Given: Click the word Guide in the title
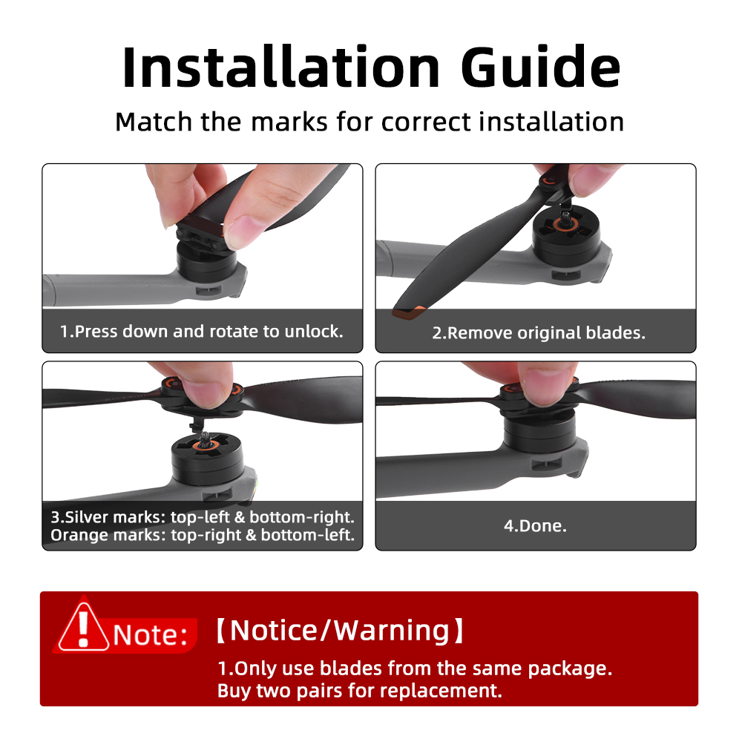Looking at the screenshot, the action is (x=540, y=67).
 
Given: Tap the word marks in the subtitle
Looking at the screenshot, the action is (x=289, y=122).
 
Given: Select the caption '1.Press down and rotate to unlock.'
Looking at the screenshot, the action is (x=202, y=331).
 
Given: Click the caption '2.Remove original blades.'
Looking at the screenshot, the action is (x=539, y=332).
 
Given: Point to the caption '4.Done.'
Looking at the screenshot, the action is (x=535, y=526).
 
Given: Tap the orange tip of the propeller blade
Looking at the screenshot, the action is (x=410, y=312).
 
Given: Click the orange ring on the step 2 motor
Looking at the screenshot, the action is (x=565, y=226).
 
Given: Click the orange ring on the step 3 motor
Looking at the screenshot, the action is (x=205, y=445).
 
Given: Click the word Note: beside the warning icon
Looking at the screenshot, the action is (x=151, y=635).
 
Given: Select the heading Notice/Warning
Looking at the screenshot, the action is (x=340, y=630).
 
